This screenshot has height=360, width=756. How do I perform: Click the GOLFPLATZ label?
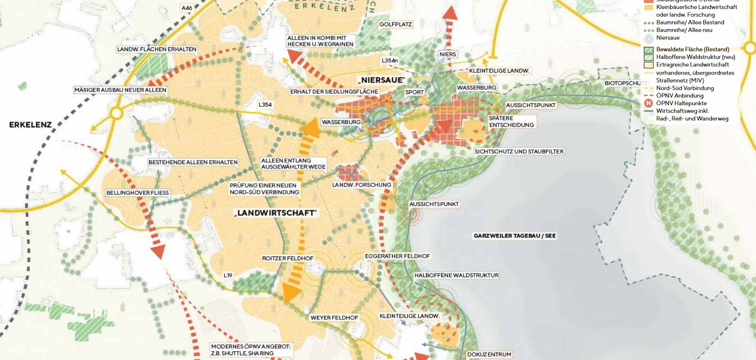395,24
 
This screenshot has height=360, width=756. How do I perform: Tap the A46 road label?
187,8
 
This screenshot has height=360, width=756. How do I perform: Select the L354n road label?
390,61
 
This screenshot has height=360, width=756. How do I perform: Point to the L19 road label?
228,275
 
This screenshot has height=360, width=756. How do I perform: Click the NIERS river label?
447,54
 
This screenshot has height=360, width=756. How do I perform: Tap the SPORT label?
414,92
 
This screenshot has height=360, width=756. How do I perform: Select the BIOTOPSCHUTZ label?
626,83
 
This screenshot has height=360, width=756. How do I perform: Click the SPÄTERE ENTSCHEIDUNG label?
511,122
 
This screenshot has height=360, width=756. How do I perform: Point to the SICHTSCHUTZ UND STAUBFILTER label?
519,151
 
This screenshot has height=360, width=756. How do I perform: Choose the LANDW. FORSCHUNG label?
362,185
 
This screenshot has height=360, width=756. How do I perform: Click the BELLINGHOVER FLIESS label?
138,193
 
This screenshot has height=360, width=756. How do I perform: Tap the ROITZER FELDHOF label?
287,258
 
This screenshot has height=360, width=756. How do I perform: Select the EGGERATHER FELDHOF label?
397,256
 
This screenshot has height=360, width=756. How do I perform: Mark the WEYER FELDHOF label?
334,318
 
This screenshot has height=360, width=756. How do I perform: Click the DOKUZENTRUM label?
489,355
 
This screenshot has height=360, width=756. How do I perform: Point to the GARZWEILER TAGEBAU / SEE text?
514,236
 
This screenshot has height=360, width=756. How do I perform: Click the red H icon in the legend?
649,103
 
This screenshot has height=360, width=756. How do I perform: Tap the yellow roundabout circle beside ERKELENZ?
116,114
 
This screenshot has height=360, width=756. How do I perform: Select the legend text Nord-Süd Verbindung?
685,88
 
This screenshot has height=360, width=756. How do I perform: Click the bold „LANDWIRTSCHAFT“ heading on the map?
276,213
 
